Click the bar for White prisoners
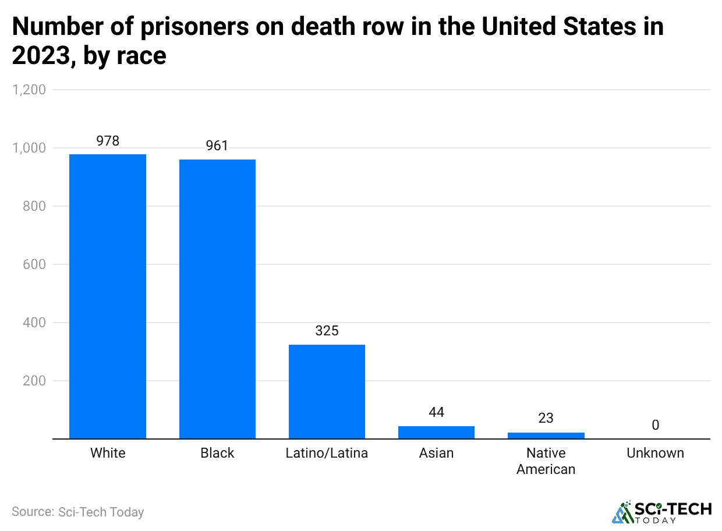[108, 296]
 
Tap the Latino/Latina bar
[327, 391]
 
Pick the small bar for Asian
[436, 432]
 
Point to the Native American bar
[546, 435]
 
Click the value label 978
[108, 140]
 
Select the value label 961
[217, 146]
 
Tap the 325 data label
[327, 331]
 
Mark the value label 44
[436, 412]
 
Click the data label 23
[546, 418]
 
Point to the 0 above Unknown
[655, 425]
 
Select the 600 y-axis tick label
[34, 264]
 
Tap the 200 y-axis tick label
[34, 381]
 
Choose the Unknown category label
[655, 453]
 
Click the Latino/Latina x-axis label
[327, 453]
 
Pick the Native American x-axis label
[546, 461]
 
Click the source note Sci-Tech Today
[77, 512]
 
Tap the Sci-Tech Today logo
[661, 512]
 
